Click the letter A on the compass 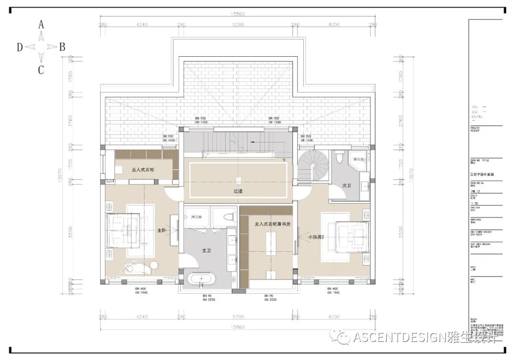41,24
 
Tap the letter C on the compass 41,70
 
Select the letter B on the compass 62,47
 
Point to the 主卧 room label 162,230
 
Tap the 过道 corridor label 238,191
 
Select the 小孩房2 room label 316,237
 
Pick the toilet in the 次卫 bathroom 339,157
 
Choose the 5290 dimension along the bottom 237,316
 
